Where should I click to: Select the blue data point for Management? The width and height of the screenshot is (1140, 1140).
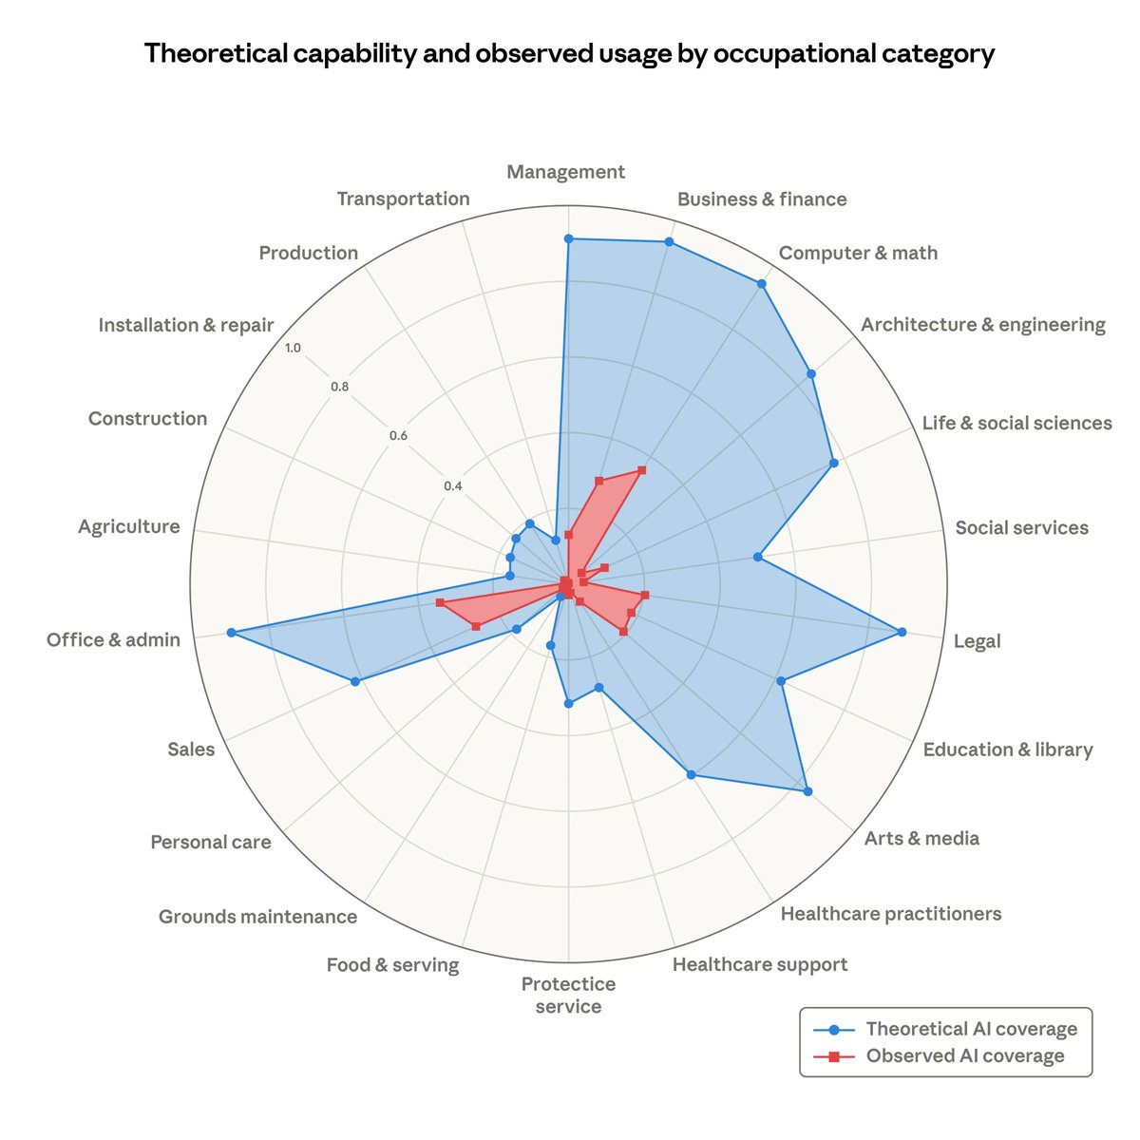tap(568, 238)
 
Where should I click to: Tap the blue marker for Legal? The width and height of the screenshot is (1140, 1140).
tap(902, 632)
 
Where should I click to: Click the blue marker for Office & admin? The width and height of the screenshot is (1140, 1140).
tap(231, 633)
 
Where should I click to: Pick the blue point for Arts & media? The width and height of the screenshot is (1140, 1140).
tap(807, 790)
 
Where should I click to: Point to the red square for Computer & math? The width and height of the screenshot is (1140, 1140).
tap(642, 470)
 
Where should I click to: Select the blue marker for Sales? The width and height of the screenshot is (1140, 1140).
tap(355, 681)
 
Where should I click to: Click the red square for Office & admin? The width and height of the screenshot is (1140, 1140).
tap(440, 603)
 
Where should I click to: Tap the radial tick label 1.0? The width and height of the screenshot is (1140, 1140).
tap(293, 349)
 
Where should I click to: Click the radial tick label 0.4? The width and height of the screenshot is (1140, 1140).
tap(452, 486)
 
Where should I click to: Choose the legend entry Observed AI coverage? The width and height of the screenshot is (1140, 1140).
tap(964, 1056)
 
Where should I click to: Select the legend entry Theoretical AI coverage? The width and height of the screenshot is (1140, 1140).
tap(971, 1029)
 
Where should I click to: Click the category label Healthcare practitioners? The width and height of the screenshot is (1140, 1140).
tap(890, 914)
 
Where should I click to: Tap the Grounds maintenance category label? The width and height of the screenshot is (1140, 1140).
tap(257, 917)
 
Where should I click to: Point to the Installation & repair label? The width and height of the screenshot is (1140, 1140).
tap(186, 325)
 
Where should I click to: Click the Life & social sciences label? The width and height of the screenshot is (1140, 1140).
tap(1016, 423)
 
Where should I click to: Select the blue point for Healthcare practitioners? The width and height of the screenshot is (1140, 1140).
tap(691, 775)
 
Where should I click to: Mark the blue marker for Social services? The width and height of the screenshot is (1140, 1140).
tap(757, 557)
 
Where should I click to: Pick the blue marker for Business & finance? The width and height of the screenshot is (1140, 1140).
tap(669, 242)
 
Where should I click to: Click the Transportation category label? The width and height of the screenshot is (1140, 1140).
tap(403, 199)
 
